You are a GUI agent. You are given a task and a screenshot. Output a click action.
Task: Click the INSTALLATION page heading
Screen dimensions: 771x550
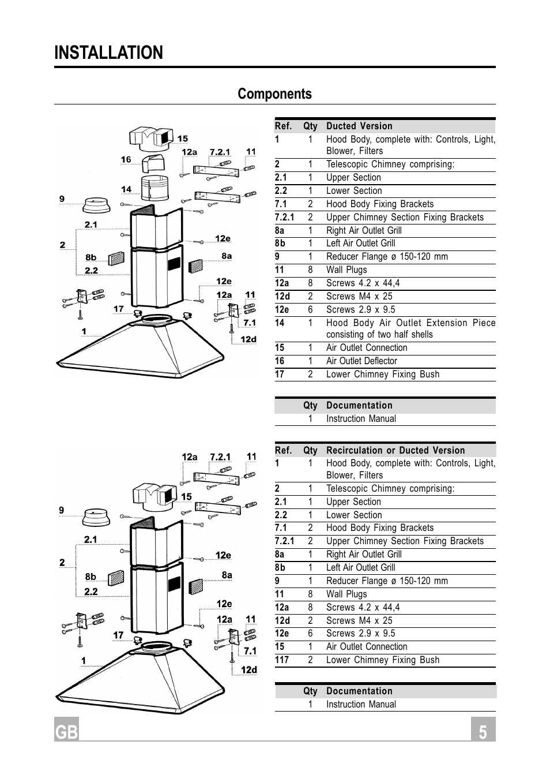click(x=109, y=53)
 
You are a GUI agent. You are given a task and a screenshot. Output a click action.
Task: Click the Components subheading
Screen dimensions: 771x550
click(x=274, y=94)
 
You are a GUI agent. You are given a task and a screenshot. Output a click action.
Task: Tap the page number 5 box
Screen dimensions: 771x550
click(x=483, y=730)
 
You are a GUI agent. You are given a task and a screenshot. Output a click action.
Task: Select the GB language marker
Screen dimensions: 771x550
click(x=66, y=731)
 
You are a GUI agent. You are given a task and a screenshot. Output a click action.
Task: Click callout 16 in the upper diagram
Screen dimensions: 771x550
click(x=126, y=160)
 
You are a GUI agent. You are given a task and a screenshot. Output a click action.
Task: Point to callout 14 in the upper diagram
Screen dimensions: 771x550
click(x=126, y=189)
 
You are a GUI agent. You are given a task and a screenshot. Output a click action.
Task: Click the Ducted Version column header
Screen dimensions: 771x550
click(x=359, y=126)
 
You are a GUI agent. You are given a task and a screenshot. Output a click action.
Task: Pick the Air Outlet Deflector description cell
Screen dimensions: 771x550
click(x=361, y=361)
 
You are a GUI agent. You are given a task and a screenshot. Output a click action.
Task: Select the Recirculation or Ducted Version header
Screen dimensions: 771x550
click(x=395, y=450)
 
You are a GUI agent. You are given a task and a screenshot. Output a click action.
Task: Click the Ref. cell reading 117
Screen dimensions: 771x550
click(x=282, y=660)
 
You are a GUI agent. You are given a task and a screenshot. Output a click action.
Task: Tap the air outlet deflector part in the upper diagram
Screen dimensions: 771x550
click(x=154, y=164)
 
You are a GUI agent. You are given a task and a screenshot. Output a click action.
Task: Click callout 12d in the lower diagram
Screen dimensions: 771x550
click(x=248, y=670)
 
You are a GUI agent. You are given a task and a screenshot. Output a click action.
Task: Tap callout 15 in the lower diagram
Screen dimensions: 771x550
click(x=186, y=497)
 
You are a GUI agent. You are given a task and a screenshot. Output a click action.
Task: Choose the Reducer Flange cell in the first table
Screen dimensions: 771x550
click(x=387, y=257)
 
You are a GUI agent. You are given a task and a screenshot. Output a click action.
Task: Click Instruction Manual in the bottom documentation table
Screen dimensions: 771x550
click(x=361, y=705)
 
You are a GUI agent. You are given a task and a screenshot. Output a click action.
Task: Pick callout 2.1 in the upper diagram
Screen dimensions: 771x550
click(x=91, y=225)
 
